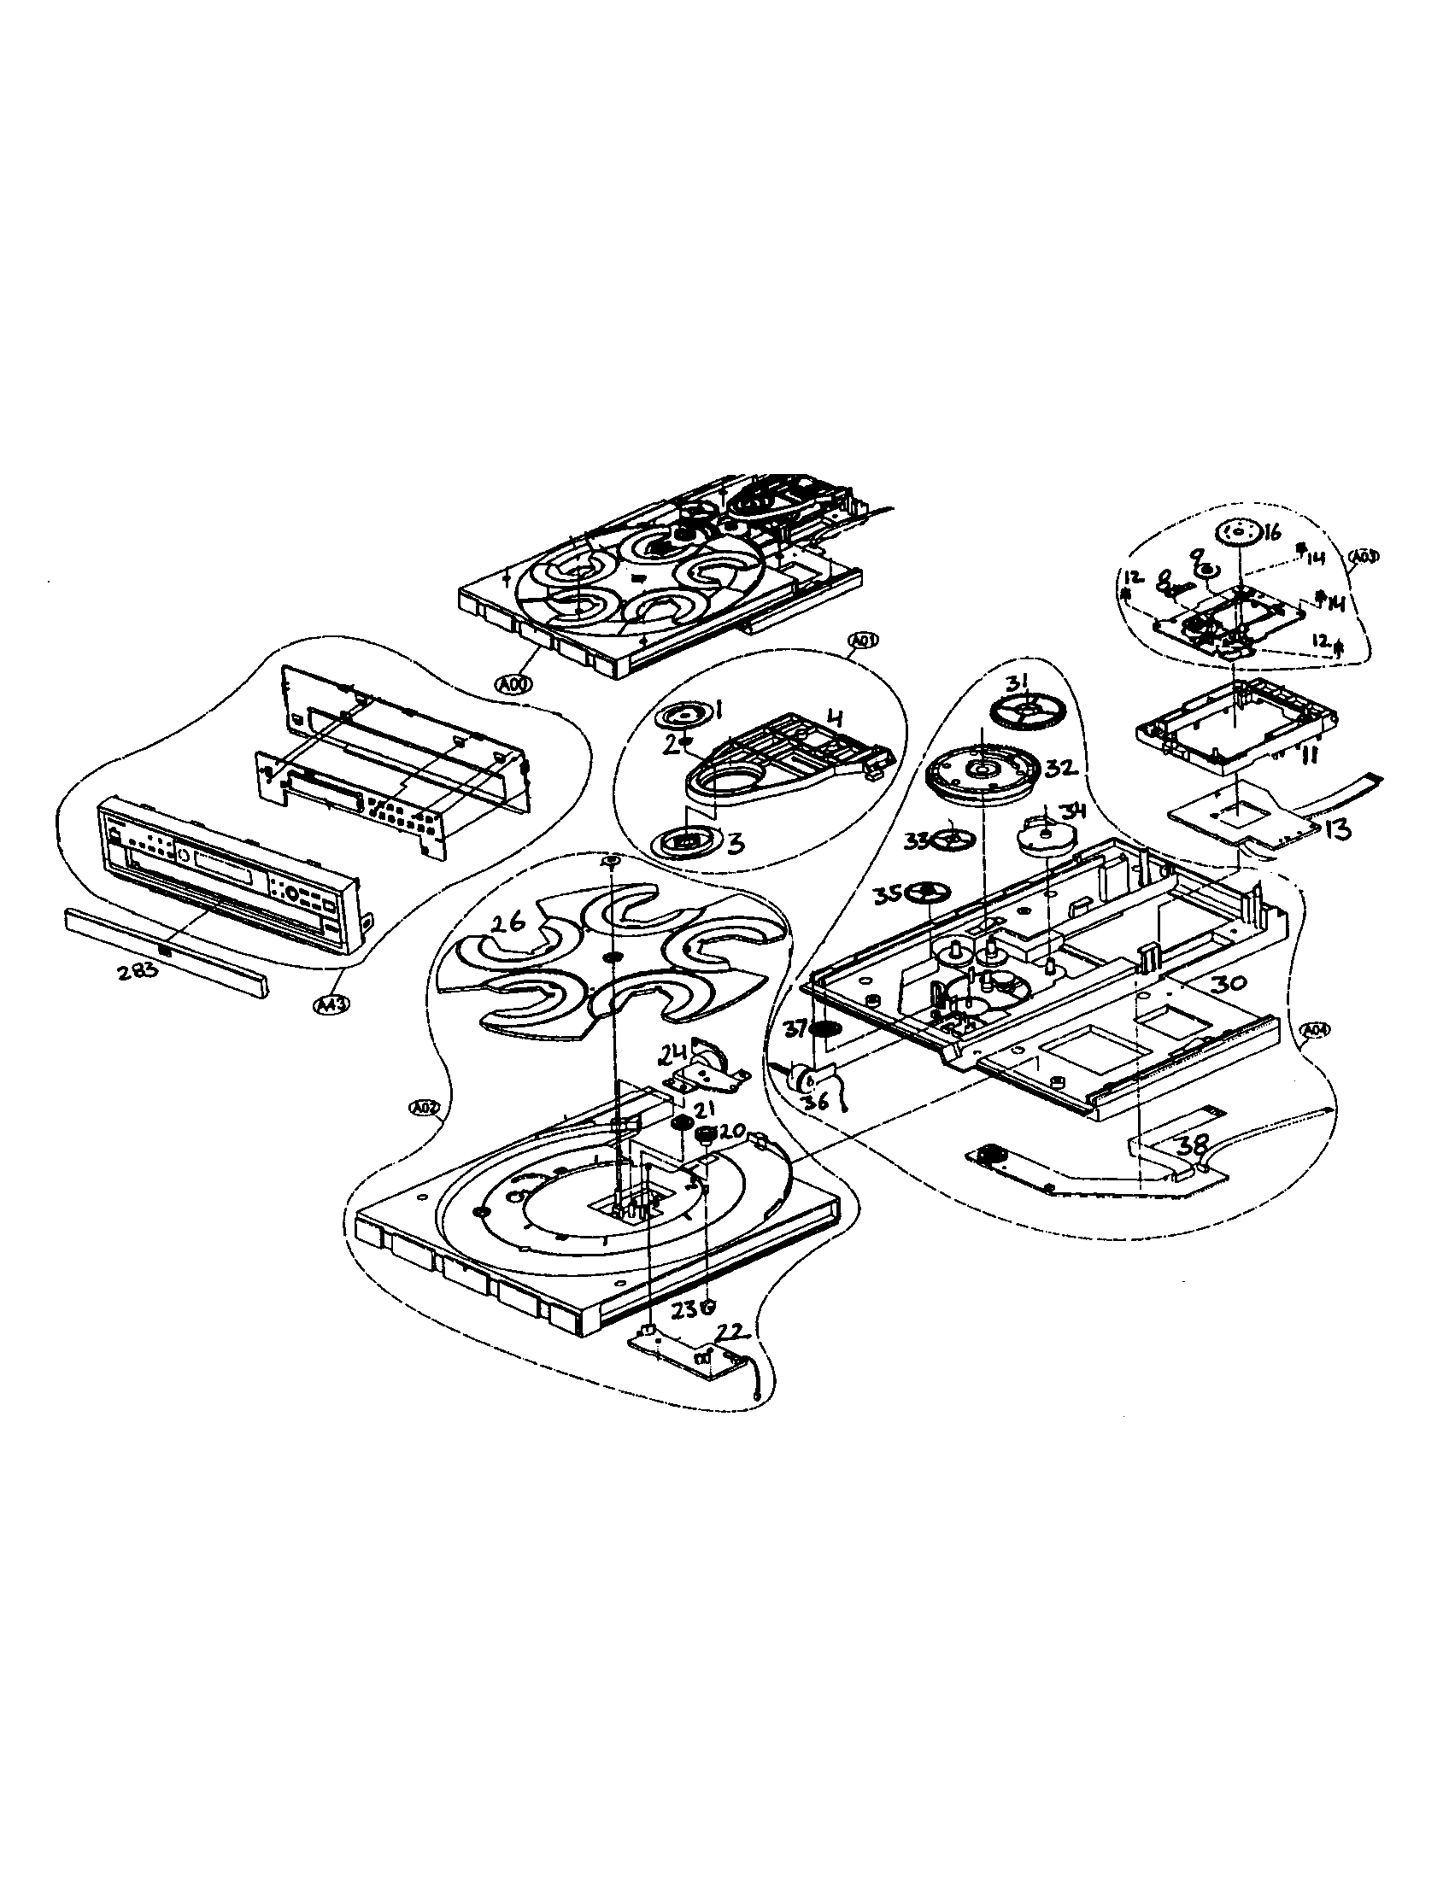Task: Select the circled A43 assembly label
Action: (x=326, y=1004)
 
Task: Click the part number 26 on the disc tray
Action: (x=508, y=924)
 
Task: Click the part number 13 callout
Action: (x=1337, y=829)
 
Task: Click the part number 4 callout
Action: (x=834, y=716)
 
